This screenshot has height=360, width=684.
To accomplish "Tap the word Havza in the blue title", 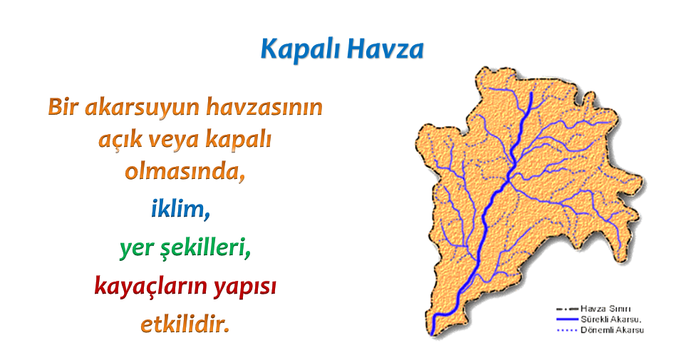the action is [x=385, y=49].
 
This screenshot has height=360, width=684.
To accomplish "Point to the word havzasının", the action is [x=264, y=106].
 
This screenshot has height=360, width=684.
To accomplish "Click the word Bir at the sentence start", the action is [x=63, y=106].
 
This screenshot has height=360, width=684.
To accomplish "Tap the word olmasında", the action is [x=185, y=171].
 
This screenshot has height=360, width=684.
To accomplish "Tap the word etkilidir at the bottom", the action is [x=185, y=324].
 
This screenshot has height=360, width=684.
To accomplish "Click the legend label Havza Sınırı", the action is [x=606, y=309].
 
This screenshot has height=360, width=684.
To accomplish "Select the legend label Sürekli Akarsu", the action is [x=609, y=319].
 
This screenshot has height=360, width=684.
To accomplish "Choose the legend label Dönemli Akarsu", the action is [x=612, y=330].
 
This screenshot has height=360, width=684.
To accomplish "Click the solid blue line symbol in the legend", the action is [x=567, y=319].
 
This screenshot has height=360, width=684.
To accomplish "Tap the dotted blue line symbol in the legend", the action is [x=567, y=330].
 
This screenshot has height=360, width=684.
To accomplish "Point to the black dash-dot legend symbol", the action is [x=567, y=309].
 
